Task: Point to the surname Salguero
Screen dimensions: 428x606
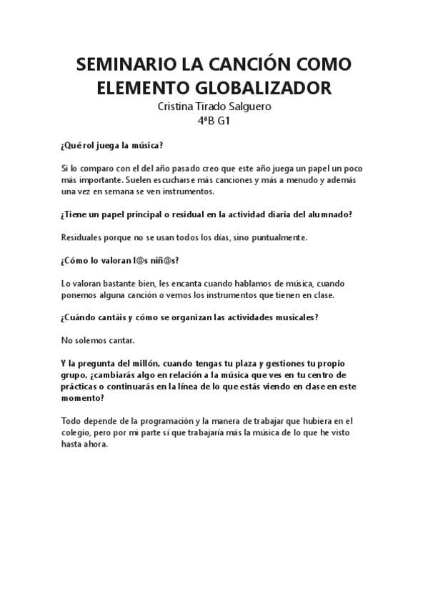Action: point(247,106)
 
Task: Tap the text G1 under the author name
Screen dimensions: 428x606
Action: point(223,121)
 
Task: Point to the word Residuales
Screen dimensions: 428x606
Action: point(83,237)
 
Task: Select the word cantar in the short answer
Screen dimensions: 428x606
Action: point(119,339)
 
